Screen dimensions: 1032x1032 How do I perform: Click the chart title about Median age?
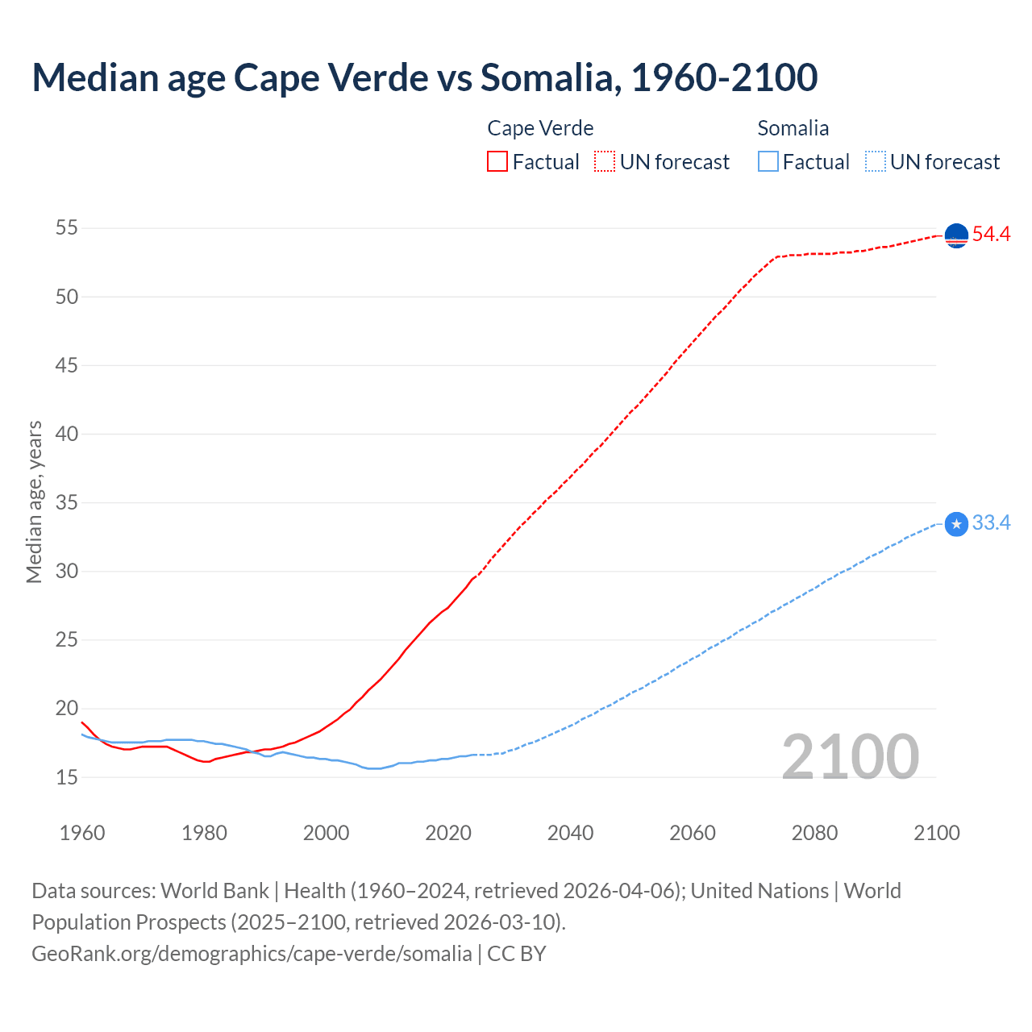tap(425, 77)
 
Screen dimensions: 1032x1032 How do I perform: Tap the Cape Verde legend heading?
tap(540, 128)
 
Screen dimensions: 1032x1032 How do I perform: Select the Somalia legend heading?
tap(793, 128)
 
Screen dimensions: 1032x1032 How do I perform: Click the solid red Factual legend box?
tap(497, 162)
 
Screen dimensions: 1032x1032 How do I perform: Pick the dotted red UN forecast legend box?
tap(605, 162)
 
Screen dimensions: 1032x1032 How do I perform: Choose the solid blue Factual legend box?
tap(768, 162)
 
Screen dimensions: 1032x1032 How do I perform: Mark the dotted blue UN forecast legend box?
tap(876, 162)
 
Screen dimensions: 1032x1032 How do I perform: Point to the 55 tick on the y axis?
tap(67, 228)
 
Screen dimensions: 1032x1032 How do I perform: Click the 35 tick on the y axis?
tap(67, 503)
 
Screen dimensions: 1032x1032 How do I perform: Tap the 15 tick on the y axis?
tap(67, 778)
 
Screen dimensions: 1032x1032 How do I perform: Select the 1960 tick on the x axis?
tap(82, 833)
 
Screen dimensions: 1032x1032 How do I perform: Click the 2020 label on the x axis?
tap(448, 833)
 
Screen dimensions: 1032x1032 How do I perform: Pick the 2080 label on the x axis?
tap(814, 833)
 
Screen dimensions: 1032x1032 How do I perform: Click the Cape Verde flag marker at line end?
tap(956, 235)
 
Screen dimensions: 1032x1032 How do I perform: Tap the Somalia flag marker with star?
tap(956, 524)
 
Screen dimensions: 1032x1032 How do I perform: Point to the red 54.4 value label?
tap(991, 235)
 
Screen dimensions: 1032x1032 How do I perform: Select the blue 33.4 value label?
tap(991, 523)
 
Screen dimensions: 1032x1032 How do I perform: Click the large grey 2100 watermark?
tap(851, 757)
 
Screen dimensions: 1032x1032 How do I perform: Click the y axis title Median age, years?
tap(34, 502)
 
